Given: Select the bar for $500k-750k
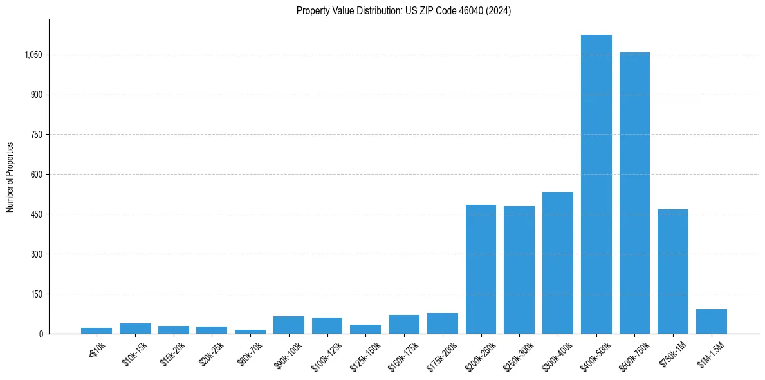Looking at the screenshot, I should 634,193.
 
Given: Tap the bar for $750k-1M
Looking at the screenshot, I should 673,271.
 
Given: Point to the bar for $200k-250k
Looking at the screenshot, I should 481,269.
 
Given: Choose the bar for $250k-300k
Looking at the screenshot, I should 519,270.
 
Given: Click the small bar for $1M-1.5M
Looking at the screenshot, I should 712,321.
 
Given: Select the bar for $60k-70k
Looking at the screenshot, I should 250,332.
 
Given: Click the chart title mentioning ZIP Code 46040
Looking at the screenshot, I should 403,10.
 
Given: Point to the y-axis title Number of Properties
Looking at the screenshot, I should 10,176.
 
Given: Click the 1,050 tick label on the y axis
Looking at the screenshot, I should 33,55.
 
